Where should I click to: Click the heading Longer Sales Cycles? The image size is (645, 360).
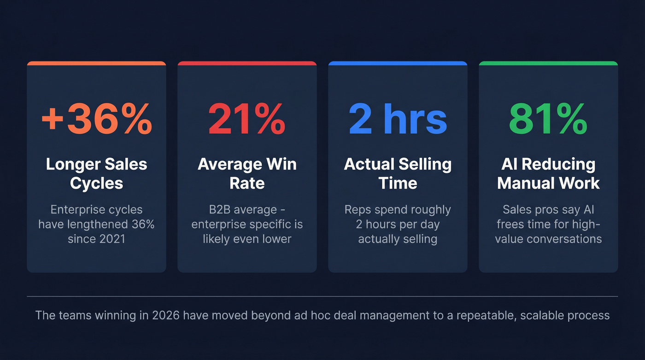[96, 173]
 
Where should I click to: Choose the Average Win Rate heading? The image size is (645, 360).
[247, 173]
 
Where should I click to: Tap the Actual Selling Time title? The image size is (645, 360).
[398, 173]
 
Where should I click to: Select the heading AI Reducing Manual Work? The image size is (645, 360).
[548, 173]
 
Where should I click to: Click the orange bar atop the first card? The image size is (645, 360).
[96, 63]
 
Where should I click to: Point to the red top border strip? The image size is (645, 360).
[247, 63]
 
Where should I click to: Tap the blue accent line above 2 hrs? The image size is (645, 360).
[398, 63]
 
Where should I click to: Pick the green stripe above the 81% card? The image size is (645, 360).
[548, 63]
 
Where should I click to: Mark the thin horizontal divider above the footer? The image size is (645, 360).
[322, 296]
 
